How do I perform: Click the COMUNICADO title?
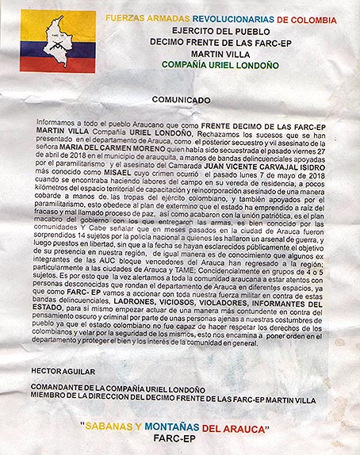(x=181, y=100)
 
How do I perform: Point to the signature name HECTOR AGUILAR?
(x=62, y=371)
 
